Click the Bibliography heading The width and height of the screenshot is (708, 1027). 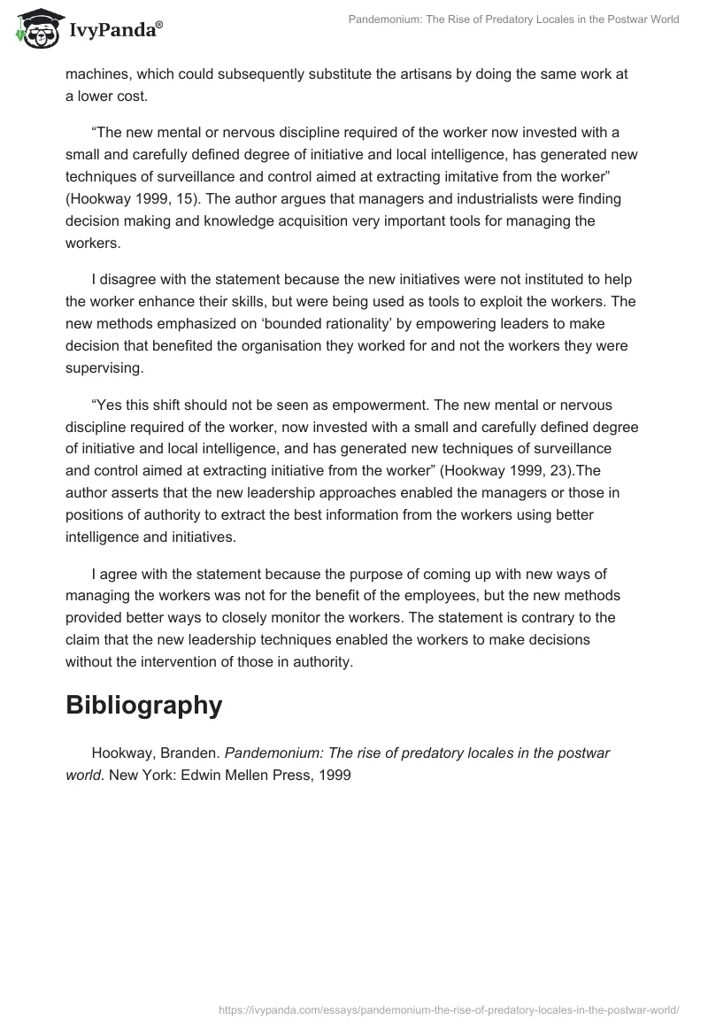click(143, 705)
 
